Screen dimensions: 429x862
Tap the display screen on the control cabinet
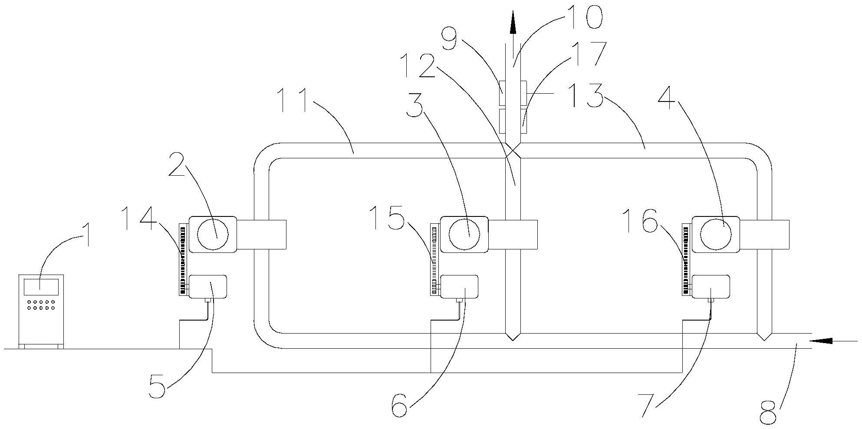[41, 285]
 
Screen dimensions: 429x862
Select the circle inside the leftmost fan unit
[213, 234]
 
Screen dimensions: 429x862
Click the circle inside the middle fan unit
[464, 234]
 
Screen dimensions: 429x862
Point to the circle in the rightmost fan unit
[716, 234]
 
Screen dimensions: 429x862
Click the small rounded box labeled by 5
[208, 286]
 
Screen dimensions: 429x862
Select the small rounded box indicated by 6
[459, 286]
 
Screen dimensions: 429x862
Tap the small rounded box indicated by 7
[711, 286]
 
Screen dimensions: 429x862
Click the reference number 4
[667, 98]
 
